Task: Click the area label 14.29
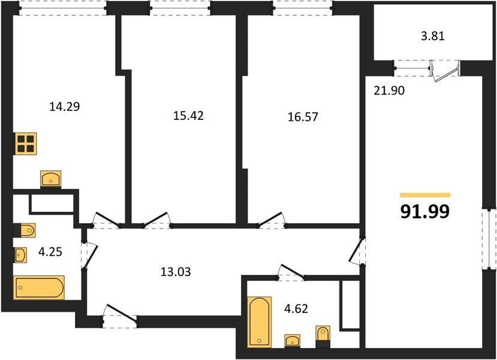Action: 64,107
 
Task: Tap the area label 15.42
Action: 188,116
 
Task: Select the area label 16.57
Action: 303,117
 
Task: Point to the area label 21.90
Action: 389,91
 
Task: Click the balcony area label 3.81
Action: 433,36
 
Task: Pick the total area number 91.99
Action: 424,211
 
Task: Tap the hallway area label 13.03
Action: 176,272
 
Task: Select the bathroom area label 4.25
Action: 50,252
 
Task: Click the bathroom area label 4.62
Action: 296,308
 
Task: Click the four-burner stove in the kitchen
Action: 26,143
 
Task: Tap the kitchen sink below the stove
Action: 51,179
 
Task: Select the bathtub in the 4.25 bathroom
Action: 39,287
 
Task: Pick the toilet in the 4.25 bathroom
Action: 25,230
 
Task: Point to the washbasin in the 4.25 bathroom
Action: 20,254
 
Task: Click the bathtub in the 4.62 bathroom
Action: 259,322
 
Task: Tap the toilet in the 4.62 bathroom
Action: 323,337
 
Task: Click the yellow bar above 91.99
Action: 425,196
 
